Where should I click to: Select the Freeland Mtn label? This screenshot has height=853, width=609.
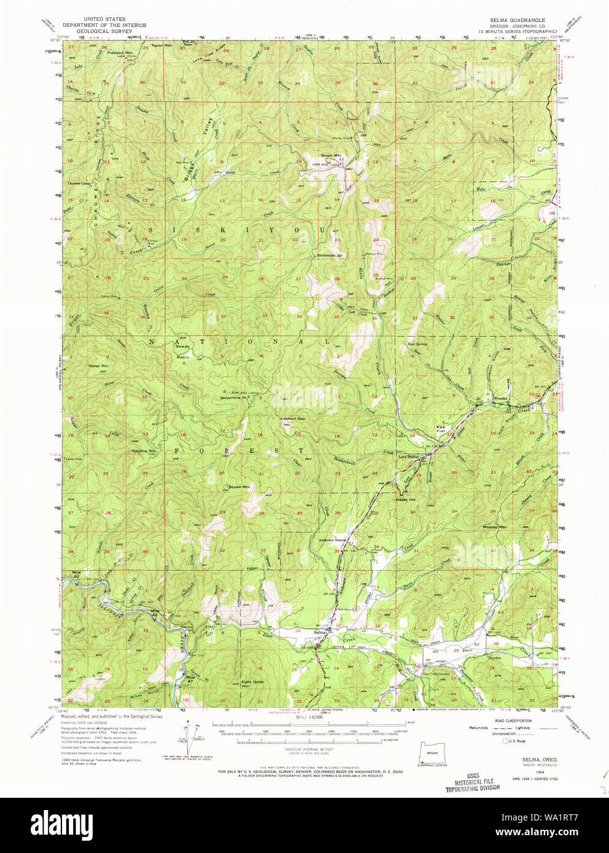(x=120, y=53)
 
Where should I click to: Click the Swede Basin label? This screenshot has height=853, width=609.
(x=183, y=352)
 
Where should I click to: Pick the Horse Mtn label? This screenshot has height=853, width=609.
(x=98, y=366)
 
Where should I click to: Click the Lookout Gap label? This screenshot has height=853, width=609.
(x=293, y=419)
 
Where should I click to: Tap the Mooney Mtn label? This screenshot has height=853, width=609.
(x=495, y=527)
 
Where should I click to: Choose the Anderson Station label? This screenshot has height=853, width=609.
(x=333, y=540)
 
